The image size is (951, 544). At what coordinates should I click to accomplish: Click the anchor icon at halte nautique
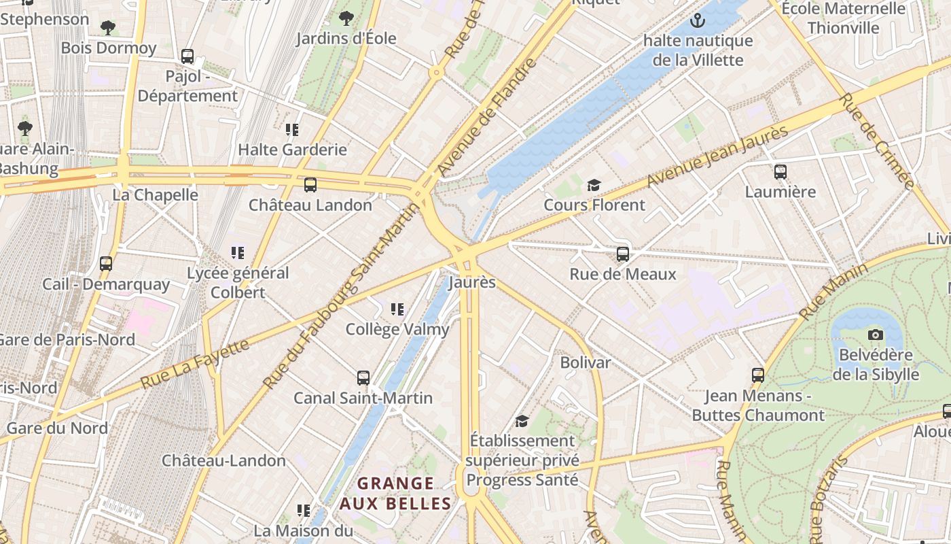697,20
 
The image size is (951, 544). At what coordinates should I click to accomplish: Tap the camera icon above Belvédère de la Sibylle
876,335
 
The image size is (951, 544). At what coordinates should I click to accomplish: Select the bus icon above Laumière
780,172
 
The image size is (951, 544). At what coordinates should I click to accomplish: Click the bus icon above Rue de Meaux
622,254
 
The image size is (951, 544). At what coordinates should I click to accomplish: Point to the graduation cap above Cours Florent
594,185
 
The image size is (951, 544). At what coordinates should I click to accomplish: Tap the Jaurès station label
472,282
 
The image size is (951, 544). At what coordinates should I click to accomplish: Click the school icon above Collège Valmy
397,309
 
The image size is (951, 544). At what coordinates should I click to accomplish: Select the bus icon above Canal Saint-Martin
363,378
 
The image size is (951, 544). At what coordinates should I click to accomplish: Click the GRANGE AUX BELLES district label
395,494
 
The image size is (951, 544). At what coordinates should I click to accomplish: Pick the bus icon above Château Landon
310,185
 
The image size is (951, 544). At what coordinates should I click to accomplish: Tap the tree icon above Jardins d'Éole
346,18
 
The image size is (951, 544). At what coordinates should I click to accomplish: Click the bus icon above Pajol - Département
187,56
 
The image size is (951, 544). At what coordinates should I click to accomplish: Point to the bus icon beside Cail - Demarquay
106,263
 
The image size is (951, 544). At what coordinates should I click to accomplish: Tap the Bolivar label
585,362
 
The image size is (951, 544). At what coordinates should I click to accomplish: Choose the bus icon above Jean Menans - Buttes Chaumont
757,375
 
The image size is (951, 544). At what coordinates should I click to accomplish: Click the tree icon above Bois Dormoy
107,28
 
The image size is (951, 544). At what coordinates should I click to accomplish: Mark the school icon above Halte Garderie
292,129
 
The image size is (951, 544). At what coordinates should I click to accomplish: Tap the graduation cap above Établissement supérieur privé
522,421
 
